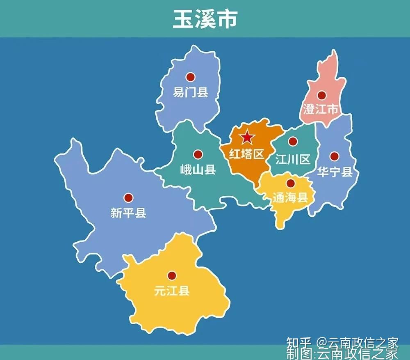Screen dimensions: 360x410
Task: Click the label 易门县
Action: [x=190, y=92]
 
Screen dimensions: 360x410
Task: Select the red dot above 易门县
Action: [x=190, y=77]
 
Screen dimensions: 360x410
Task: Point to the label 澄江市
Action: [x=321, y=110]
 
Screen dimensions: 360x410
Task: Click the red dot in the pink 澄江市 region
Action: [x=321, y=95]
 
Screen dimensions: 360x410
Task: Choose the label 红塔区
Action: [x=246, y=154]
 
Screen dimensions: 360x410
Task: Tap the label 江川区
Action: [x=293, y=159]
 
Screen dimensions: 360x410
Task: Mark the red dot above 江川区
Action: [x=293, y=142]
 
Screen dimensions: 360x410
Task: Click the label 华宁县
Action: [x=335, y=172]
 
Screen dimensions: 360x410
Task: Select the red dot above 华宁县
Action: [x=335, y=156]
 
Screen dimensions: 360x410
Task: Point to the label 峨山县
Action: [x=198, y=169]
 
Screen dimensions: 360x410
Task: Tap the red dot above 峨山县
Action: [x=198, y=154]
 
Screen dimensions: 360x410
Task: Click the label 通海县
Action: [x=290, y=198]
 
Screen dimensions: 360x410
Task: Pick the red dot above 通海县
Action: [x=290, y=183]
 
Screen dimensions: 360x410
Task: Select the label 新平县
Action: [x=128, y=213]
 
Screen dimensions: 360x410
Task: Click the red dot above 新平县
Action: [x=129, y=198]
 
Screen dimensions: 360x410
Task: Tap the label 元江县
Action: [x=172, y=291]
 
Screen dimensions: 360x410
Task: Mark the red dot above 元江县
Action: [x=172, y=275]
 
